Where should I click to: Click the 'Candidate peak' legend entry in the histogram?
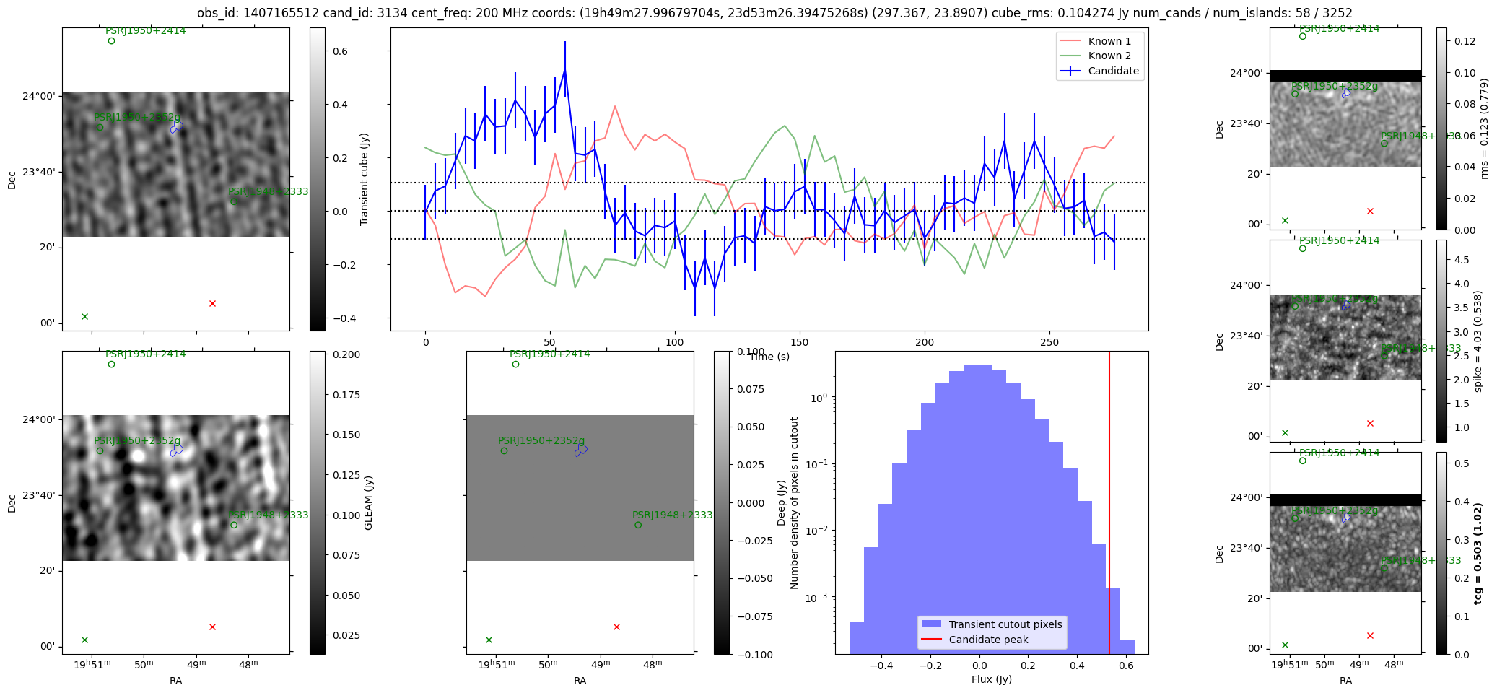(987, 640)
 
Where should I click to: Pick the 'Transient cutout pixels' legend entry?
(1005, 624)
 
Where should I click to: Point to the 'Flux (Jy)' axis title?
(991, 679)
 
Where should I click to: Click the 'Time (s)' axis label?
(769, 357)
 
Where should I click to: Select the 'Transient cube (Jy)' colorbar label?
(365, 179)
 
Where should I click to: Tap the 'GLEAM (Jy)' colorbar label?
(369, 502)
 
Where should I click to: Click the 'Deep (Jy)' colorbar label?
(781, 502)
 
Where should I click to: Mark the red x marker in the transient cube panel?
(212, 304)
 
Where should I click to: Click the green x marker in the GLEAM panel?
(84, 640)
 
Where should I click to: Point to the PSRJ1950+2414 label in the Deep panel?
(549, 354)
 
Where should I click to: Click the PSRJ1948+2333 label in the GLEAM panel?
(268, 515)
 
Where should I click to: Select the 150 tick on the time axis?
(799, 342)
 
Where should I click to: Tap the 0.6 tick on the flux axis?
(1126, 666)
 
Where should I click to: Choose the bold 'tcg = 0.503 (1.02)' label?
(1478, 554)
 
